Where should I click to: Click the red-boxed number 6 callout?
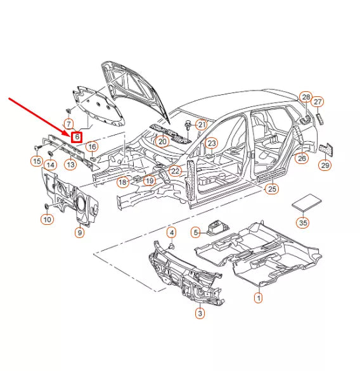pyautogui.click(x=77, y=137)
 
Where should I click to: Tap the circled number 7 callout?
pyautogui.click(x=68, y=123)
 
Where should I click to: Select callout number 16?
pyautogui.click(x=92, y=147)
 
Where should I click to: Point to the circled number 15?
pyautogui.click(x=37, y=161)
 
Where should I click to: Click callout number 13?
pyautogui.click(x=70, y=165)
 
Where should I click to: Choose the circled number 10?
pyautogui.click(x=47, y=220)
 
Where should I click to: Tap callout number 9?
pyautogui.click(x=80, y=233)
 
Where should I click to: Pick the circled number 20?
pyautogui.click(x=162, y=142)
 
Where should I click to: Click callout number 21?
pyautogui.click(x=202, y=125)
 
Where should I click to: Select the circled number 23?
pyautogui.click(x=212, y=143)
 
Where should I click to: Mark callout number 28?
pyautogui.click(x=305, y=97)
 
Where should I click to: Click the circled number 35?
pyautogui.click(x=303, y=223)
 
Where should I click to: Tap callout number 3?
pyautogui.click(x=200, y=313)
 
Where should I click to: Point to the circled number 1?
pyautogui.click(x=259, y=298)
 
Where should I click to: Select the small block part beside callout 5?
pyautogui.click(x=217, y=228)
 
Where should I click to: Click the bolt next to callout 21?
pyautogui.click(x=188, y=125)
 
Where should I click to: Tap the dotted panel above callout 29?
pyautogui.click(x=326, y=149)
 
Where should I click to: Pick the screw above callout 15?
pyautogui.click(x=37, y=148)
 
